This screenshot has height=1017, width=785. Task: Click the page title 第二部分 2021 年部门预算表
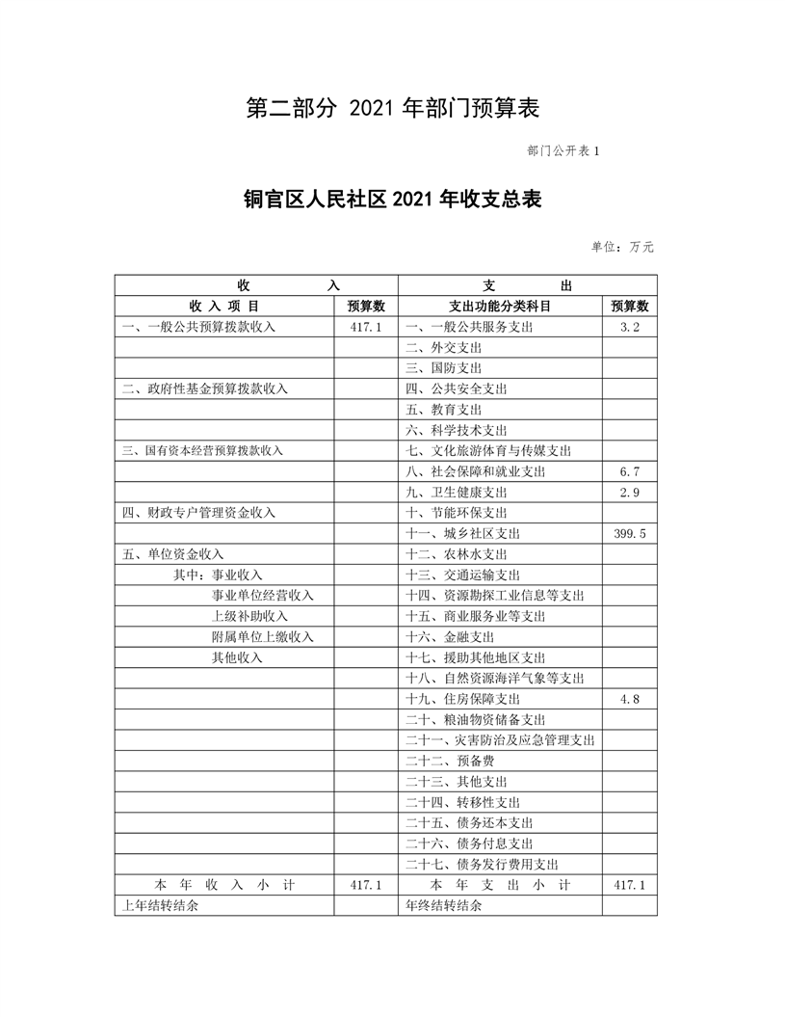point(392,109)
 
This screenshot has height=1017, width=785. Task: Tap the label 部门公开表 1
point(563,151)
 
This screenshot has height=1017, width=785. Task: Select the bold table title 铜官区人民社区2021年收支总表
point(392,200)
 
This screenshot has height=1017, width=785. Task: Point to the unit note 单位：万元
point(622,247)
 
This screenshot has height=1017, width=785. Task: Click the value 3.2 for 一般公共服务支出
point(630,327)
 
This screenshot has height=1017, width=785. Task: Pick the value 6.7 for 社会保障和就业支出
point(630,471)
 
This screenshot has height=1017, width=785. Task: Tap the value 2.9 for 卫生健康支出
point(630,493)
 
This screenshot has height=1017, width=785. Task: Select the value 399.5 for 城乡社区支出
point(630,534)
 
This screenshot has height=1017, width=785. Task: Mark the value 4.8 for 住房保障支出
point(630,699)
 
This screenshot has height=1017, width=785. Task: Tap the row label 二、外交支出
point(443,347)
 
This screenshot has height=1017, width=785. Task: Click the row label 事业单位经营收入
point(263,596)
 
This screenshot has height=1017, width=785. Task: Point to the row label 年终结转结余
point(443,906)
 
